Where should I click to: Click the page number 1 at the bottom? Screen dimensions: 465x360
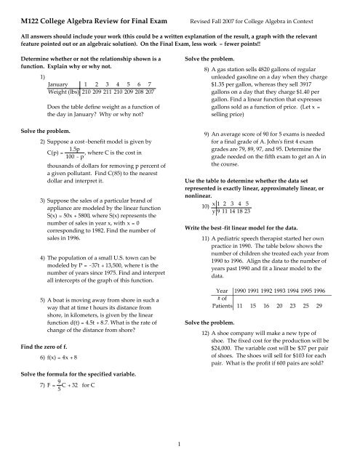point(180,452)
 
